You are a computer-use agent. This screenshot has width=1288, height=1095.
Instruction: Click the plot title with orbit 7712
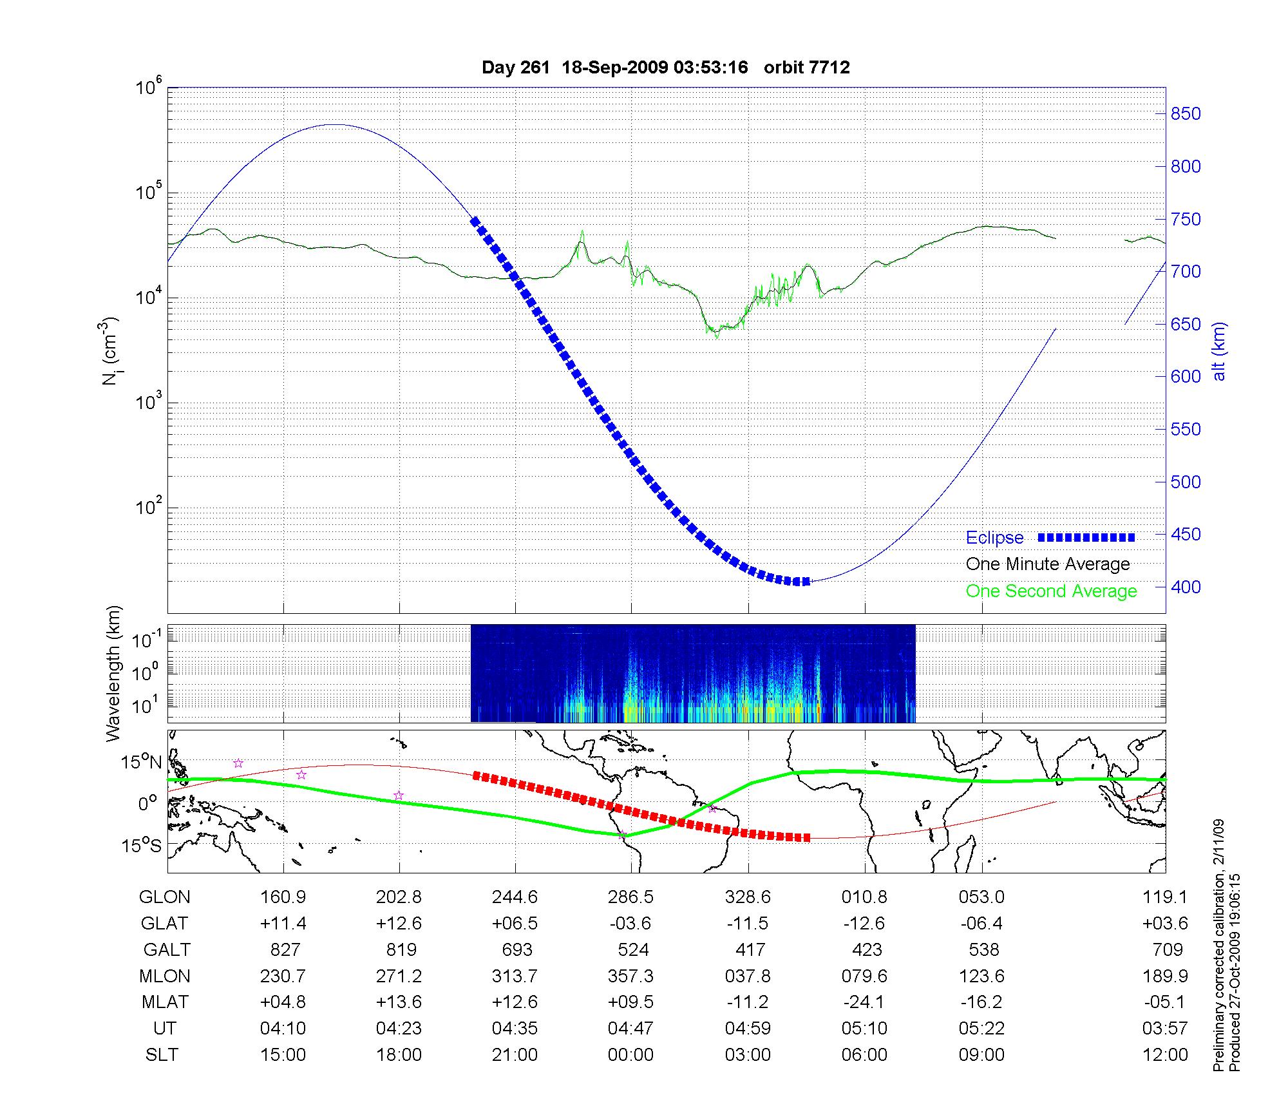tap(665, 68)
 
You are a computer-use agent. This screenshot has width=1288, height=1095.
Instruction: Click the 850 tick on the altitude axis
tap(1186, 114)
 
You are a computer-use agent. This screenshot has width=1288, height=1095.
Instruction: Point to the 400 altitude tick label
tap(1186, 587)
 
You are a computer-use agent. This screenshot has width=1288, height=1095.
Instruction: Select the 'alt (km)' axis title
tap(1219, 352)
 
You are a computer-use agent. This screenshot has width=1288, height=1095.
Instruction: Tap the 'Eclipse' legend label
tap(994, 538)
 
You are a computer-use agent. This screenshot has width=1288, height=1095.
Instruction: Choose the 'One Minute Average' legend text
tap(1048, 564)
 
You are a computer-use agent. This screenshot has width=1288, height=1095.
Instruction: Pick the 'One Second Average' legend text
tap(1051, 591)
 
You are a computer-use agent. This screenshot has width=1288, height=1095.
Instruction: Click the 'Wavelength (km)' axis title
tap(114, 674)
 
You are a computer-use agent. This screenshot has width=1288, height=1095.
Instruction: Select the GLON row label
tap(165, 897)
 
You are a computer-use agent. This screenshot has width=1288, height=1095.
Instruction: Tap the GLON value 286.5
tap(630, 897)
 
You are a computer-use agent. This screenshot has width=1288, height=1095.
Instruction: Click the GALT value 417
tap(750, 950)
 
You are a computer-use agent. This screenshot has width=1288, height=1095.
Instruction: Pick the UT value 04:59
tap(748, 1029)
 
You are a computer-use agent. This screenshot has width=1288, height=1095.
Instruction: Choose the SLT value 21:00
tap(515, 1055)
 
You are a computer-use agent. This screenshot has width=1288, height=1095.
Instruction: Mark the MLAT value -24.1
tap(864, 1002)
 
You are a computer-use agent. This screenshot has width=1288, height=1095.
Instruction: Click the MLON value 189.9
tap(1164, 976)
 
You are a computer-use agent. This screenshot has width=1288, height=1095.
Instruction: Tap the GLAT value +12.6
tap(399, 924)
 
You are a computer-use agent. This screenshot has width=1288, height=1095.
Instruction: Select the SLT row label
tap(162, 1055)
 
